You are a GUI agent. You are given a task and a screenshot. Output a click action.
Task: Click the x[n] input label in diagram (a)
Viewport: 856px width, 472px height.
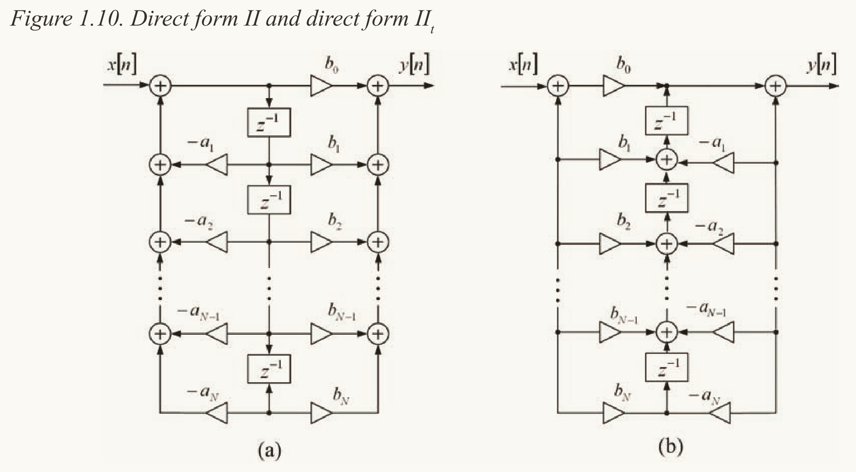click(121, 65)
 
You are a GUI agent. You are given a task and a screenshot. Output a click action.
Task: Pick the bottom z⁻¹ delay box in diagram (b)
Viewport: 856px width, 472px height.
click(667, 368)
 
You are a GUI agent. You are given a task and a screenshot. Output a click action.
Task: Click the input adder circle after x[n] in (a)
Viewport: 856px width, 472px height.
click(160, 86)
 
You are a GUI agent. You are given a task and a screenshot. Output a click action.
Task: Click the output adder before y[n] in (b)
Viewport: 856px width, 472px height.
click(775, 86)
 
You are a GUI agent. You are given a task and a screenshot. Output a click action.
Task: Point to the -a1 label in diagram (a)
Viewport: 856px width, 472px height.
click(201, 143)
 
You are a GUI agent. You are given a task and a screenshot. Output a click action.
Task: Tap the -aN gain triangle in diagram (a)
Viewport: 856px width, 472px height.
click(217, 414)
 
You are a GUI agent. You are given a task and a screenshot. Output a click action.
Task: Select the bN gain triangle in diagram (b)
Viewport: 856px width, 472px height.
click(613, 414)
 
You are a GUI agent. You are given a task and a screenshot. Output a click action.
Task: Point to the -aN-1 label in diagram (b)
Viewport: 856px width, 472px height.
click(706, 310)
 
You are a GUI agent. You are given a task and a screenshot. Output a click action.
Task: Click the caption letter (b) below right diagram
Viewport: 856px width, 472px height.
click(671, 446)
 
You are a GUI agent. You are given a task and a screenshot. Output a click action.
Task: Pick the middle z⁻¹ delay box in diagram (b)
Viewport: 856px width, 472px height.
click(667, 198)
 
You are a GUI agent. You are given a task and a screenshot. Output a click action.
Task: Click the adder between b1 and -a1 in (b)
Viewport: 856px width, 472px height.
click(667, 160)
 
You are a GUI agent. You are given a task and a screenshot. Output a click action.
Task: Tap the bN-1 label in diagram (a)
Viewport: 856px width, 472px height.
click(342, 312)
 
